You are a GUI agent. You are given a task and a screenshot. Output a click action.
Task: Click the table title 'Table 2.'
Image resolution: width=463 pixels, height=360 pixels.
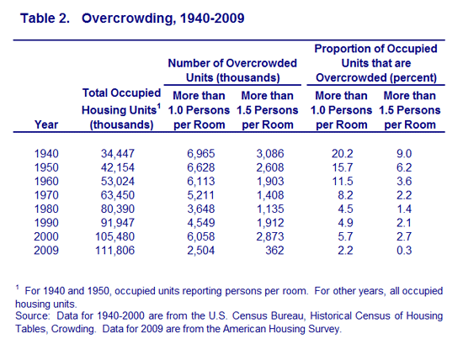[45, 19]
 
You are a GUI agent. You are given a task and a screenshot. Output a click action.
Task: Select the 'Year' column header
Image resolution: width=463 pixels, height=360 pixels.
[46, 124]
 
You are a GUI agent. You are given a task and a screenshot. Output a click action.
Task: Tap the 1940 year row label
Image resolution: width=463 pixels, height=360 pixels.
[46, 153]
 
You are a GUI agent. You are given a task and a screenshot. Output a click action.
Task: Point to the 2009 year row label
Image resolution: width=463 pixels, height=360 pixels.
[46, 250]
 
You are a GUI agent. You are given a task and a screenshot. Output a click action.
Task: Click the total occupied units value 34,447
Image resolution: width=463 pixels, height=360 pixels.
[118, 153]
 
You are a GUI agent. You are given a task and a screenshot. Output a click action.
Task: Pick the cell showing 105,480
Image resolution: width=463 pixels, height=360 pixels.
[114, 236]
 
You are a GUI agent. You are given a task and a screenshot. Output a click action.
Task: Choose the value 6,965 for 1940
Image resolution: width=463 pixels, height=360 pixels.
[201, 153]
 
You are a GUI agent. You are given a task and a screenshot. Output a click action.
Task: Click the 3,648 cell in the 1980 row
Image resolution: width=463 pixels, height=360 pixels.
[201, 209]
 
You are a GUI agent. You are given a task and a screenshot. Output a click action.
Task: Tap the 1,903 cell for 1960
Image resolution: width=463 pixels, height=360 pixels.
[270, 181]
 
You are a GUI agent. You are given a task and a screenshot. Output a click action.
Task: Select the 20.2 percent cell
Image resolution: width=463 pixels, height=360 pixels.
[343, 153]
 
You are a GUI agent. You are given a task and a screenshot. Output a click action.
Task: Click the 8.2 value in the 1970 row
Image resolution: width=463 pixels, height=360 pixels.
[345, 195]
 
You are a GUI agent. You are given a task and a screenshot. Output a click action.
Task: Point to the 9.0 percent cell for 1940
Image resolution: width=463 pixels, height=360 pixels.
[404, 153]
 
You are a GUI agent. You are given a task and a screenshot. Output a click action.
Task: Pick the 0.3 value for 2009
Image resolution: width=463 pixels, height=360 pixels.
[404, 250]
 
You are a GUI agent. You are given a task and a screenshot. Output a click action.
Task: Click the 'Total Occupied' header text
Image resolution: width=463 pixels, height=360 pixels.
[121, 93]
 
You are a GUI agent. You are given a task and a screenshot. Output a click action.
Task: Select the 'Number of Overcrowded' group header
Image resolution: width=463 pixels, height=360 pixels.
[232, 63]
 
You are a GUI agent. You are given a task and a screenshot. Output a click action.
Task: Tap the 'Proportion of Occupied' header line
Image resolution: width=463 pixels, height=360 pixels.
[375, 49]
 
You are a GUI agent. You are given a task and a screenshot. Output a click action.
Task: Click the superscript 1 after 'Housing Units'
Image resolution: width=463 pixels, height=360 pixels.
[159, 106]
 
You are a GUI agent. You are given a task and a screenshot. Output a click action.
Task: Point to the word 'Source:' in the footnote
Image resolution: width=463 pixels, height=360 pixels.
[33, 315]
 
